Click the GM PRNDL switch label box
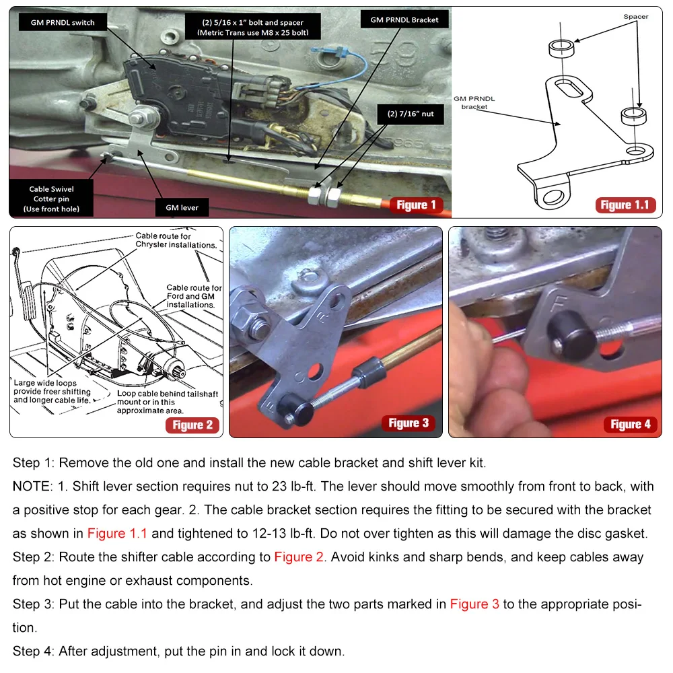pos(63,22)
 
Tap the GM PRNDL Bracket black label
pos(404,20)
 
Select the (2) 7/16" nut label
pos(411,114)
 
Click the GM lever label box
pos(182,208)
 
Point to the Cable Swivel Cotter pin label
pos(51,199)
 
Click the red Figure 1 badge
pos(416,205)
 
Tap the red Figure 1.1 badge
pos(625,205)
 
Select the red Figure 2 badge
pos(192,425)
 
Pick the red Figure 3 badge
pos(409,423)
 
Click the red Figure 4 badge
pos(630,425)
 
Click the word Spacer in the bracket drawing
pos(636,17)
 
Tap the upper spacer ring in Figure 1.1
pos(561,48)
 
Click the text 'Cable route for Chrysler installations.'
pos(176,240)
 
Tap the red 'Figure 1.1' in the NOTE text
pos(117,534)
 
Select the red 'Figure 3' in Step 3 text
pos(474,604)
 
